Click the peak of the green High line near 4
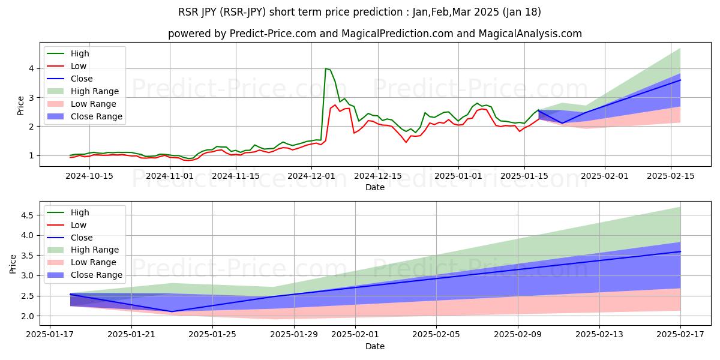325,68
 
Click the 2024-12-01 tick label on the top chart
311,176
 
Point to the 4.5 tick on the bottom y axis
28,215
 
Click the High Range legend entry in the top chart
93,91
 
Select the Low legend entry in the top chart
79,66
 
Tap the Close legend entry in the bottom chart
82,238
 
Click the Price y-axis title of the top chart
21,105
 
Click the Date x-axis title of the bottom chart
375,346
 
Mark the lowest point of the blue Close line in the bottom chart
172,311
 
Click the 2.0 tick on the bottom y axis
28,316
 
